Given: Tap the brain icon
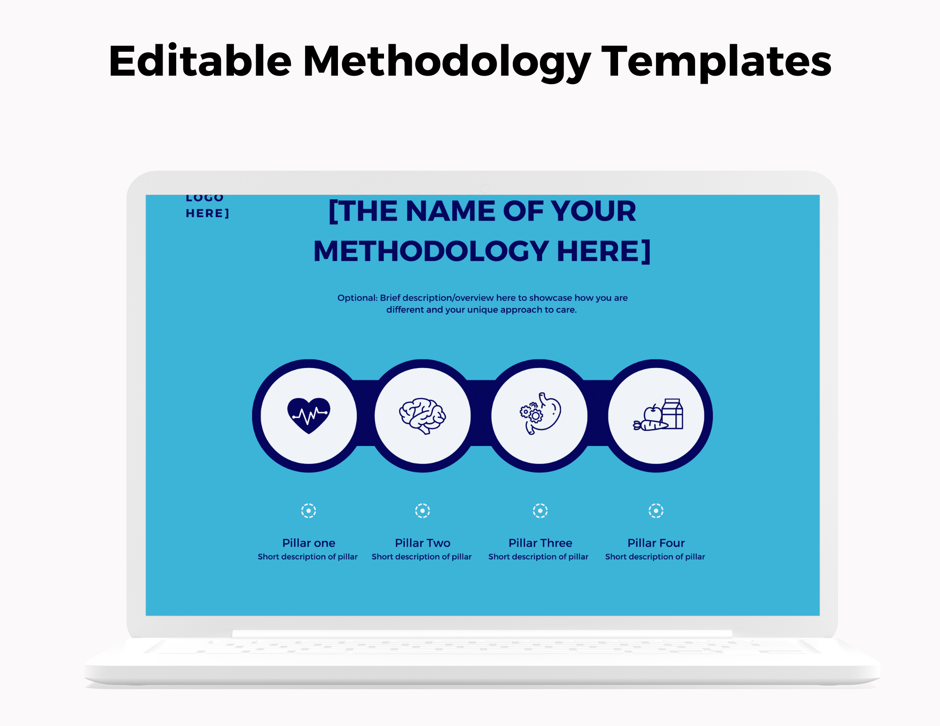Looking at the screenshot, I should (x=422, y=415).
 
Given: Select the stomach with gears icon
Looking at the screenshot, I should (x=540, y=414).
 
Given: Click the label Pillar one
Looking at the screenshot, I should (x=308, y=543).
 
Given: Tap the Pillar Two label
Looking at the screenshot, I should (x=423, y=543).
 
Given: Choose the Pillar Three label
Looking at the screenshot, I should (x=540, y=543).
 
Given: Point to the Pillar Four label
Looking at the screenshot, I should (x=656, y=543).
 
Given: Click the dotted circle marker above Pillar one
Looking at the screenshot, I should (x=308, y=510).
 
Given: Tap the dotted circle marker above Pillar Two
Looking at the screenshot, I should (x=423, y=510).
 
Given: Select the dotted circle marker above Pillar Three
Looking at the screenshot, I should (x=540, y=510).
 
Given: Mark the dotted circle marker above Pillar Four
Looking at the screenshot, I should (x=656, y=510).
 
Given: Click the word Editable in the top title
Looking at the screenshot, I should (x=200, y=61).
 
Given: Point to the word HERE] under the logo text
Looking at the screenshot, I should (x=207, y=213).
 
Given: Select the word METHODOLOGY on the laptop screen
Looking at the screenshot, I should (x=431, y=251).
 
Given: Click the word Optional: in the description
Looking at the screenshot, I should (x=357, y=298).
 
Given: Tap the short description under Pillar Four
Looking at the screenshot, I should (x=655, y=557).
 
